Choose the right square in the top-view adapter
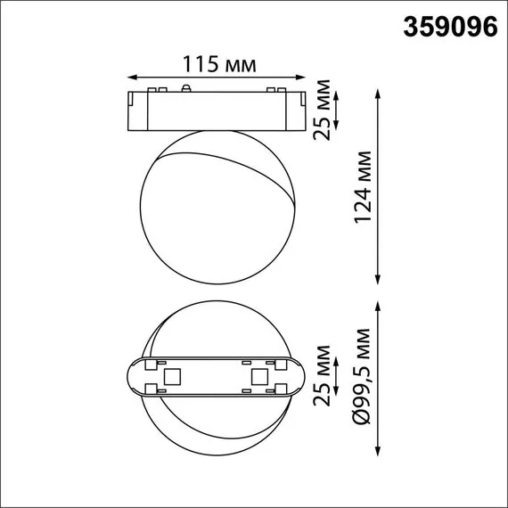pos(259,377)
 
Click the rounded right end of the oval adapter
pos(299,378)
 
